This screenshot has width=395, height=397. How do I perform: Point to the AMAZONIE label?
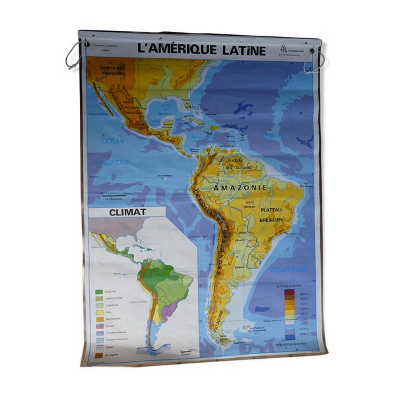[240, 188]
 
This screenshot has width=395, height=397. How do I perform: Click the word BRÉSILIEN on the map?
[271, 219]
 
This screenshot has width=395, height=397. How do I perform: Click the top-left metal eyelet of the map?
[86, 44]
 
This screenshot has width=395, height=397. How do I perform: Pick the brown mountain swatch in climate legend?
[99, 355]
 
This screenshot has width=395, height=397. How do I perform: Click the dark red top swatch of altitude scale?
[289, 291]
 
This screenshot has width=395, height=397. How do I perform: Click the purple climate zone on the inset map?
[170, 309]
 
